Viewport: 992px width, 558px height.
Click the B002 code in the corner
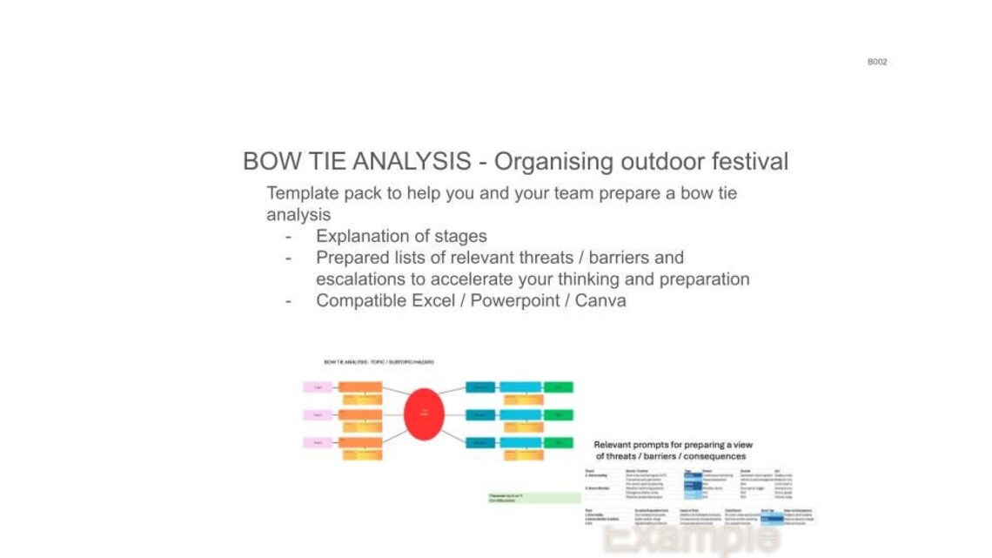(x=876, y=62)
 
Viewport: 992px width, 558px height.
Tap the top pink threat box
(x=318, y=387)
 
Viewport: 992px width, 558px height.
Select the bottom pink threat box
(x=318, y=442)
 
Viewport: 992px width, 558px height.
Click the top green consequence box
(x=558, y=387)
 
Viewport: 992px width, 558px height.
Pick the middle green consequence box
(x=558, y=414)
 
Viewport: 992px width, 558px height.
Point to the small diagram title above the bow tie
(x=378, y=361)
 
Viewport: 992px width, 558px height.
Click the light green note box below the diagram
(x=533, y=498)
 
